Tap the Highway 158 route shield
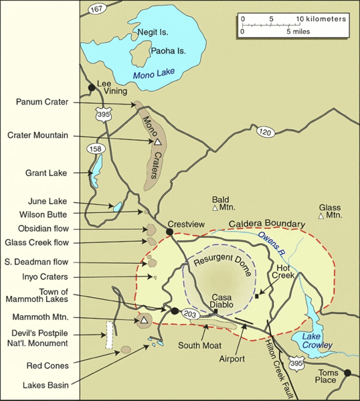click(94, 149)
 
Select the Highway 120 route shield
click(265, 133)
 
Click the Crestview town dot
click(170, 232)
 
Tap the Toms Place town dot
click(347, 373)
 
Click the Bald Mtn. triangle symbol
click(215, 209)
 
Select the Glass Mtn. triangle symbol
click(322, 216)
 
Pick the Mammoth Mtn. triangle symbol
click(143, 320)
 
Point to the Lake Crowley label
click(317, 340)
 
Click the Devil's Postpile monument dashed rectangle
click(107, 334)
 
